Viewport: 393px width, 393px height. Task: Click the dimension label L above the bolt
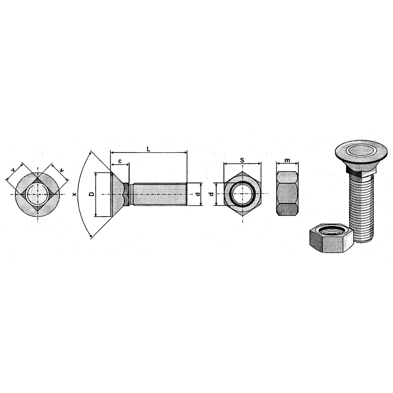click(x=149, y=149)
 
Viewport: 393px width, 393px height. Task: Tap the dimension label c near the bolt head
click(x=120, y=161)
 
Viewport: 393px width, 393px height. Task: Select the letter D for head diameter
click(x=92, y=194)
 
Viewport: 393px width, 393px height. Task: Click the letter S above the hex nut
click(x=242, y=160)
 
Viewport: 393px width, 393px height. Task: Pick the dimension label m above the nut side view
click(x=287, y=160)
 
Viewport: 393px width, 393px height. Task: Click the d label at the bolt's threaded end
click(x=198, y=194)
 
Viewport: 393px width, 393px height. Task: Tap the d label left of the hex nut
click(x=211, y=194)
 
